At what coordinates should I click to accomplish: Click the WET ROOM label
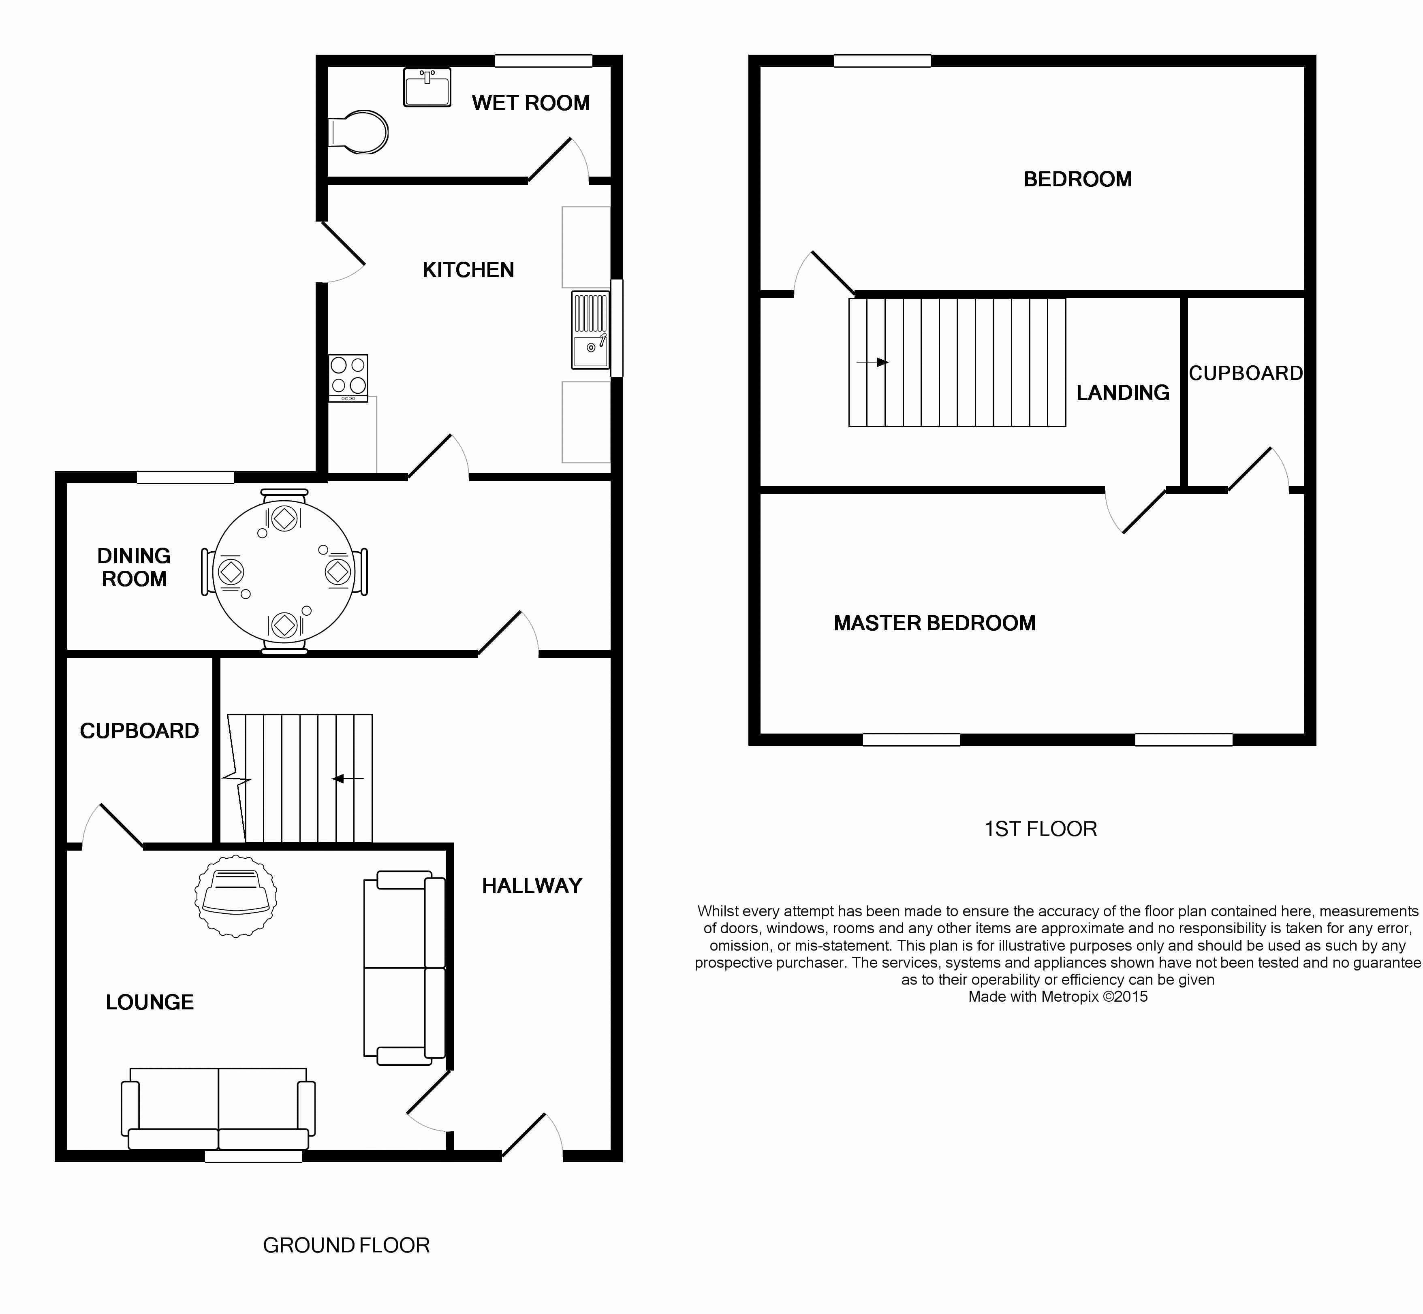coord(530,103)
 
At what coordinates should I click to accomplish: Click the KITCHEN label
coord(468,270)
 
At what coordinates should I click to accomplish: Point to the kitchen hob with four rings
coord(348,377)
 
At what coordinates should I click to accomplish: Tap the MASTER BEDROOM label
coord(934,623)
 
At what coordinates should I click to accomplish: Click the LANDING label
coord(1122,392)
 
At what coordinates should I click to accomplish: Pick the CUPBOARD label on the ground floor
coord(139,731)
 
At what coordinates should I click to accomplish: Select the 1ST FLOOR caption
coord(1041,829)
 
